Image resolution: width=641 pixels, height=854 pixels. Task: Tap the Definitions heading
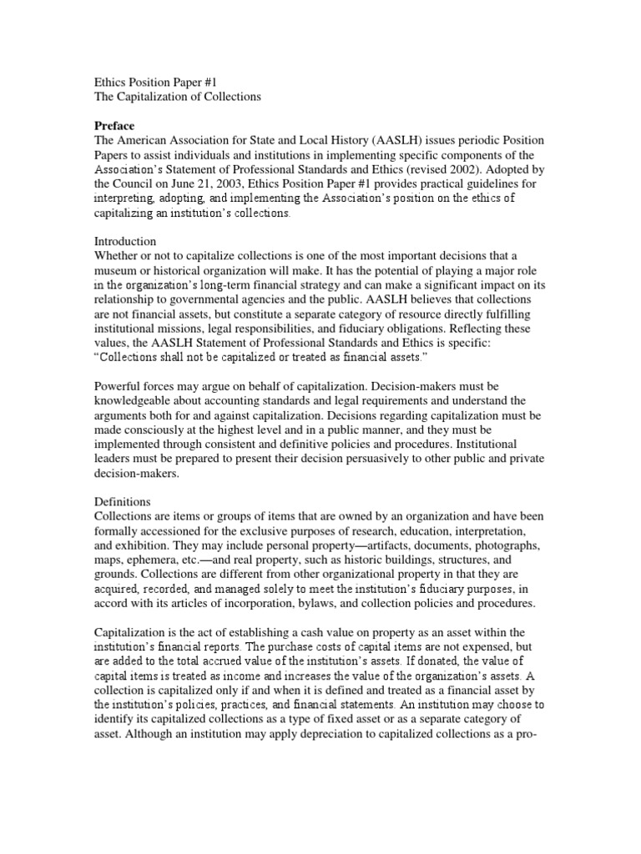click(x=123, y=503)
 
